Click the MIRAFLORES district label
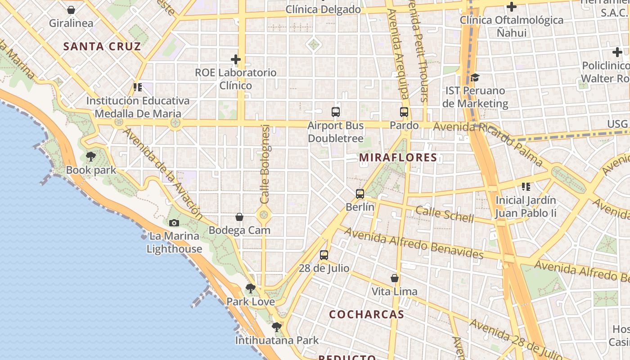[398, 157]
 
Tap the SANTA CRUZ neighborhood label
[102, 46]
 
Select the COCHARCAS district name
[366, 314]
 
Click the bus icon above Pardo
[404, 112]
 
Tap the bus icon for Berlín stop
[360, 194]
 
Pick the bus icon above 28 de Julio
[324, 255]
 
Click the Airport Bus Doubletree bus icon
[336, 112]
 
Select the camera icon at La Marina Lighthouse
[174, 223]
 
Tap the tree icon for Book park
[91, 157]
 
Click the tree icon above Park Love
[251, 288]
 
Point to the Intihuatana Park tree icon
[277, 327]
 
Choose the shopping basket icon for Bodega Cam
[239, 217]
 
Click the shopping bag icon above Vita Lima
[395, 278]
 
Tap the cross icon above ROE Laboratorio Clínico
[236, 59]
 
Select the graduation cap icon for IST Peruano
[475, 78]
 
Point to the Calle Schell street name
[445, 214]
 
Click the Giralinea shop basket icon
[71, 10]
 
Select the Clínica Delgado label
[323, 9]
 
